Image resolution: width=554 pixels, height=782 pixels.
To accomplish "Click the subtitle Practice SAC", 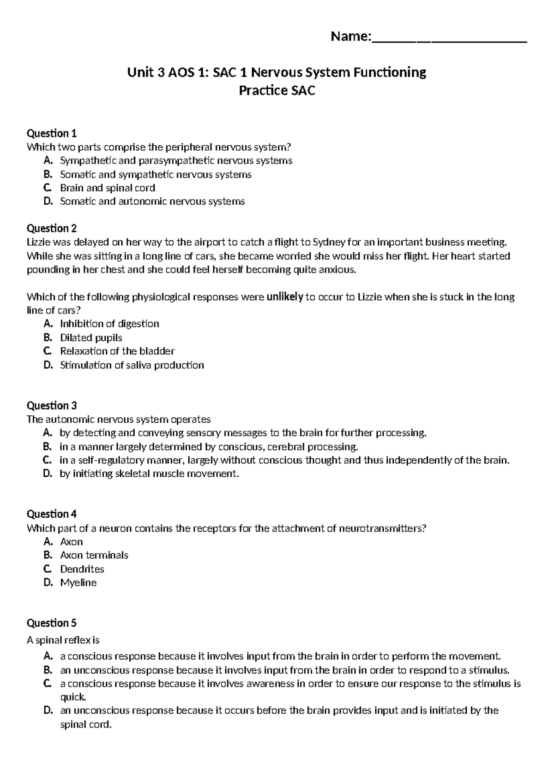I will [277, 91].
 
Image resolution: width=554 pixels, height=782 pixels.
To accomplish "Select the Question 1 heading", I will [52, 134].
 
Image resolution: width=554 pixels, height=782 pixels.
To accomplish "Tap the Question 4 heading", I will [52, 514].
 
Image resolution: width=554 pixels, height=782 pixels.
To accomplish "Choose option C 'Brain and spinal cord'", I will [108, 188].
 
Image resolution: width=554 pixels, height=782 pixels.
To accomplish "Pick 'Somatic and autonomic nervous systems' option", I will [152, 201].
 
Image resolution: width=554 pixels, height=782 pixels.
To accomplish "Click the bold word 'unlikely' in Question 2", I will [284, 297].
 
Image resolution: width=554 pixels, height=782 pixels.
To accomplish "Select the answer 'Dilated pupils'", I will [91, 338].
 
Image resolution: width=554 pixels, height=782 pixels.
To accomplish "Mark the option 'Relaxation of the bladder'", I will [117, 351].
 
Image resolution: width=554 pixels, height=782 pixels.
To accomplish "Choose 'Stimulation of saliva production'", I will [132, 365].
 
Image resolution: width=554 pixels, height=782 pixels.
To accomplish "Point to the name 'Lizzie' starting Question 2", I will [39, 243].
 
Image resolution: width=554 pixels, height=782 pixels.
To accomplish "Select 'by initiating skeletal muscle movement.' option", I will [149, 474].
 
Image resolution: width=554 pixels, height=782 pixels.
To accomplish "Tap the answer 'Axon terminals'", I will [94, 555].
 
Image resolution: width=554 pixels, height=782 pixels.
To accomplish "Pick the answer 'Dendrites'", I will [82, 569].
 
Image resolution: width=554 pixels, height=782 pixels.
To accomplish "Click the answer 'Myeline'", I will [78, 583].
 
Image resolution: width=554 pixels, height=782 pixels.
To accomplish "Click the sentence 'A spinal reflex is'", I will [63, 640].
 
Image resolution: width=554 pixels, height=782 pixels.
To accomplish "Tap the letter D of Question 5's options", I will [47, 711].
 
